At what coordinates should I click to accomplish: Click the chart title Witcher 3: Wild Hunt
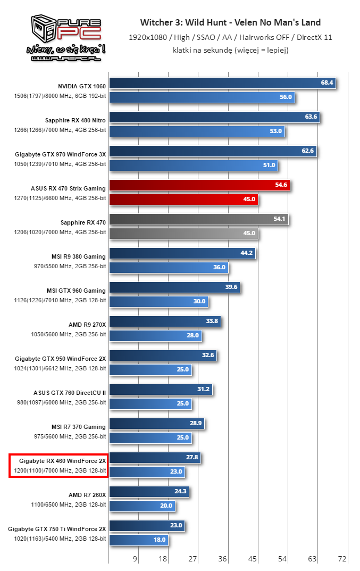point(230,22)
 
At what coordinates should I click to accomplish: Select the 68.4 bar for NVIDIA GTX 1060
point(222,83)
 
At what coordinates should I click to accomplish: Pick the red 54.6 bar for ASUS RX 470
point(199,185)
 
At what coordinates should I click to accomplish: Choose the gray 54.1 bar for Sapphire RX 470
point(198,219)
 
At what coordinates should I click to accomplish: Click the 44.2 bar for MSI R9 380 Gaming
point(182,253)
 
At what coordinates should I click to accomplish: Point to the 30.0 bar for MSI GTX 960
point(158,301)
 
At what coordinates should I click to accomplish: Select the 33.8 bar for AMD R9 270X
point(165,321)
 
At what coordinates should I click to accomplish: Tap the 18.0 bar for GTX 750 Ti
point(139,540)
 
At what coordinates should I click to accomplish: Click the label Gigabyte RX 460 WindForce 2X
point(62,460)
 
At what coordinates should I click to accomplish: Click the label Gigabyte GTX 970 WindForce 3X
point(61,154)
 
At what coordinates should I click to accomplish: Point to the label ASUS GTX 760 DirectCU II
point(69,392)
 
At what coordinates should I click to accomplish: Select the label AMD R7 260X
point(87,494)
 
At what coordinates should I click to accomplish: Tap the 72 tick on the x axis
point(342,558)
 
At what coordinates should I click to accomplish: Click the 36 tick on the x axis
point(223,558)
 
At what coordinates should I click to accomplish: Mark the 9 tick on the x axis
point(135,558)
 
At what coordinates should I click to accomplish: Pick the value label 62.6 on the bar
point(307,151)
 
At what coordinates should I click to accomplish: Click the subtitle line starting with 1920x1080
point(230,37)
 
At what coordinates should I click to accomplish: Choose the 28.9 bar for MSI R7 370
point(157,424)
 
